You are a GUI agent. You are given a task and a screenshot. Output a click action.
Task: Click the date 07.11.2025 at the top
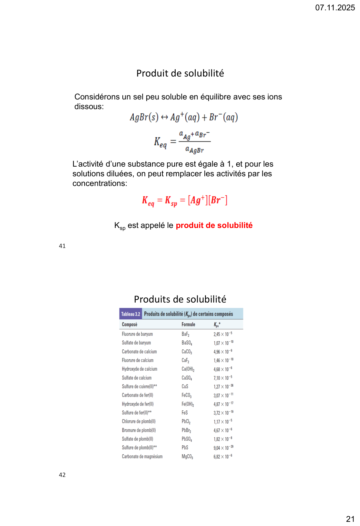click(x=335, y=8)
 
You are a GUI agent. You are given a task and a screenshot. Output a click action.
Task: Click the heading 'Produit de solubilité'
click(x=180, y=73)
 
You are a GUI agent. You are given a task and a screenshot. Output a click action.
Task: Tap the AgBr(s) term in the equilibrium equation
click(x=144, y=117)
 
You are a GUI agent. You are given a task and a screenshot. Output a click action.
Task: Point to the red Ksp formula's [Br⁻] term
click(x=218, y=200)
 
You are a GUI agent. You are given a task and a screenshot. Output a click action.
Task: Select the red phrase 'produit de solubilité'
click(x=214, y=225)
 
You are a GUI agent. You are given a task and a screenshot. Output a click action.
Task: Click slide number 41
click(x=62, y=246)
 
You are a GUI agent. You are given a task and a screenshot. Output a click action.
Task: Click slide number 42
click(x=62, y=475)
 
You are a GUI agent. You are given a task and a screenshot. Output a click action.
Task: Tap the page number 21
click(x=350, y=519)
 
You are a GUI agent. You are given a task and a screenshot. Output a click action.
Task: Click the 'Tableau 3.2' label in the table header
click(x=130, y=314)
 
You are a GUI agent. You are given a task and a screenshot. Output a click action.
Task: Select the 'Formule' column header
click(x=188, y=325)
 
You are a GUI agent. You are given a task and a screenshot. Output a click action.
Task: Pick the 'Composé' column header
click(x=129, y=325)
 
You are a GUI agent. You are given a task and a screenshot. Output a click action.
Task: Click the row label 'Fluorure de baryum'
click(x=137, y=334)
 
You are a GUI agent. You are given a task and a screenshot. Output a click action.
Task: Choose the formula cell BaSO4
click(x=187, y=343)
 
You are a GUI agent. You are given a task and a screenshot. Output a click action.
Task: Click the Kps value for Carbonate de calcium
click(x=223, y=352)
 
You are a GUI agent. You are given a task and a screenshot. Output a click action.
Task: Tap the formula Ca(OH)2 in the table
click(x=188, y=369)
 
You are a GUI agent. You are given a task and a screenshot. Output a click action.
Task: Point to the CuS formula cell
click(x=185, y=387)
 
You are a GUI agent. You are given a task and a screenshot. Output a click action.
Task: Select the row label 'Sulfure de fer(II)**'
click(x=137, y=413)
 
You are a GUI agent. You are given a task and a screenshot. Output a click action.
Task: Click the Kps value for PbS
click(x=223, y=448)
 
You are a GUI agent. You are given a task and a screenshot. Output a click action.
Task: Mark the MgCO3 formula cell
click(x=187, y=457)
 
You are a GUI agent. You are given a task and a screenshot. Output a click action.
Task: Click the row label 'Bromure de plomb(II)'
click(x=139, y=430)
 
